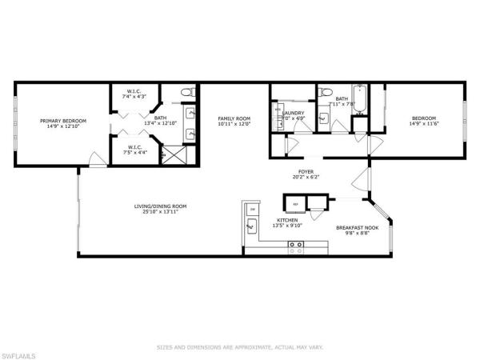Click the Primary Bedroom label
point(63,121)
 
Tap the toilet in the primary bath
point(187,94)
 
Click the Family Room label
point(234,118)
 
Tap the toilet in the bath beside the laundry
point(324,118)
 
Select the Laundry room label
point(293,114)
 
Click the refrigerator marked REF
point(294,202)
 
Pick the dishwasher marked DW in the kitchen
point(253,209)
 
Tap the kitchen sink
point(250,228)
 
